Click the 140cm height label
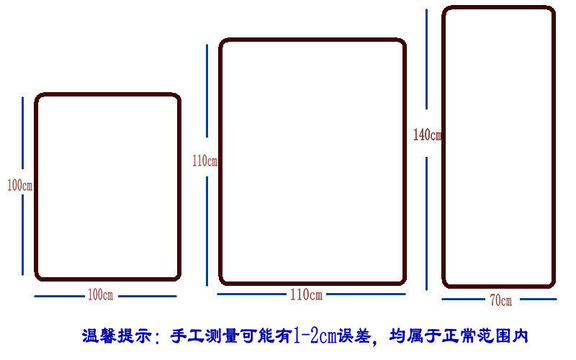427,135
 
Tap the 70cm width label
500,300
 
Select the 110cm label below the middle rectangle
306,294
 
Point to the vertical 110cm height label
204,161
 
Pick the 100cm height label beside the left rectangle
19,185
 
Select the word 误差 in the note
357,336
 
